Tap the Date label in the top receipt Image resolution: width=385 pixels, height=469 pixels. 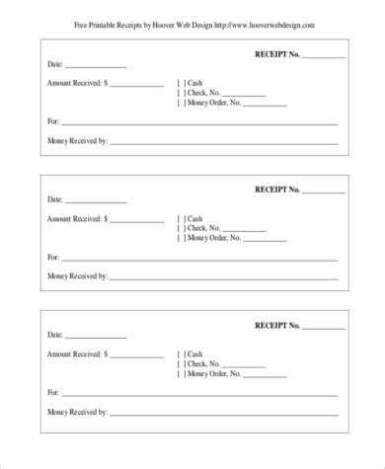[55, 64]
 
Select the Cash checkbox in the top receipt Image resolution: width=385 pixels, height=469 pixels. [181, 83]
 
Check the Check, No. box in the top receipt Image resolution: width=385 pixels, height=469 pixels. [181, 93]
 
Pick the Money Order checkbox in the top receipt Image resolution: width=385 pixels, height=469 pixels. [181, 103]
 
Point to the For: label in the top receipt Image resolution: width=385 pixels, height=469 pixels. [52, 121]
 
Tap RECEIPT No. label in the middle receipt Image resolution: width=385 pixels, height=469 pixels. [277, 189]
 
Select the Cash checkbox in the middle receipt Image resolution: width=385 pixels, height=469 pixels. [181, 218]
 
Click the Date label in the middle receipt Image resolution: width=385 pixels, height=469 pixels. [55, 199]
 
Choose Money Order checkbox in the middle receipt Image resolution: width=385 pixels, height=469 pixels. [181, 238]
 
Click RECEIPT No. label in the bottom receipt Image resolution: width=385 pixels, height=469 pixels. [277, 325]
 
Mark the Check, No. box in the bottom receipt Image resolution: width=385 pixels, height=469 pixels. [181, 364]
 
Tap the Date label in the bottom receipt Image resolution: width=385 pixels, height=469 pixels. [55, 336]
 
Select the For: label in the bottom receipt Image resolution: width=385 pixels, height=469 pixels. [52, 392]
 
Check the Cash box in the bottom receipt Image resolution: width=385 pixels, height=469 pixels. [181, 354]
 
